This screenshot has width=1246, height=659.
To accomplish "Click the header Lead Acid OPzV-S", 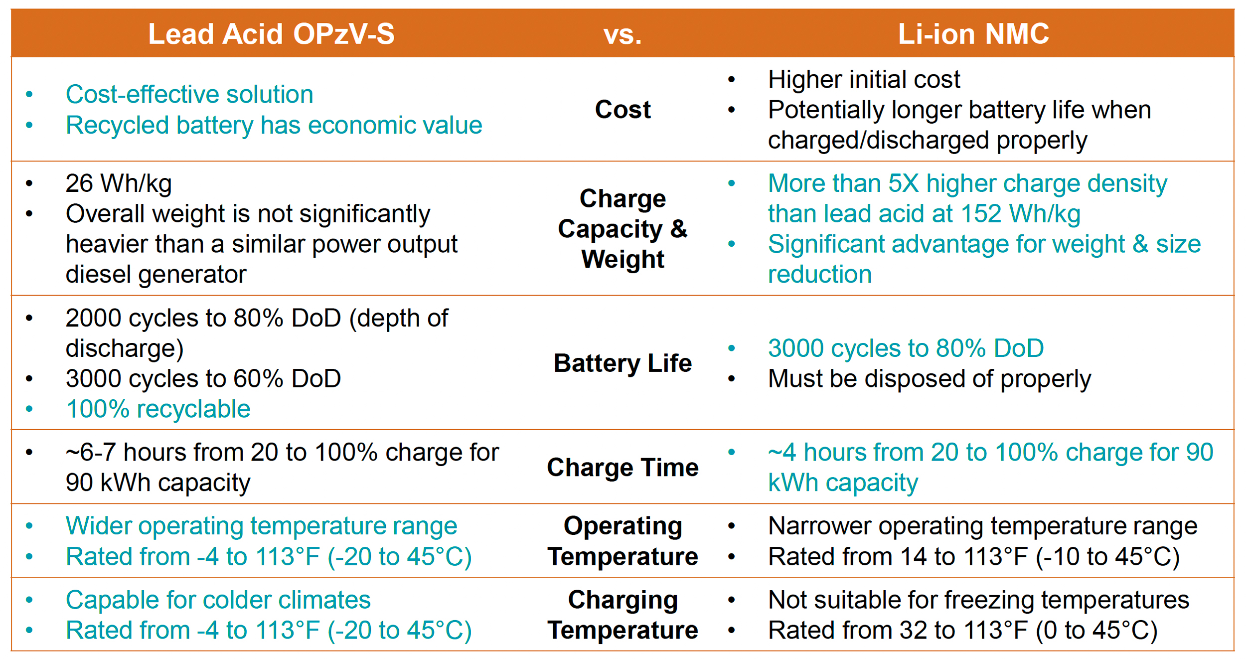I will click(271, 34).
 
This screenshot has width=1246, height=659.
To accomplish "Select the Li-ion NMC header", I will click(973, 34).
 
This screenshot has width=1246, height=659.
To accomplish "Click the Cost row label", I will click(623, 109).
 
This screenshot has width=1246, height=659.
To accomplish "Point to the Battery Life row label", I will click(623, 363).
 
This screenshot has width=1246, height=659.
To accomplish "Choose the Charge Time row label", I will click(623, 467).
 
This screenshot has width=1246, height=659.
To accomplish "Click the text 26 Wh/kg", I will click(119, 183).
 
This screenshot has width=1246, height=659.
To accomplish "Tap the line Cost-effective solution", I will click(189, 94).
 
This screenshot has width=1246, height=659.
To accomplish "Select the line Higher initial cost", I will click(864, 79).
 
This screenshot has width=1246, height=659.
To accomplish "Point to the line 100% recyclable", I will click(158, 409).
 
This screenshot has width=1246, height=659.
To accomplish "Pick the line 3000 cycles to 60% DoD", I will click(203, 378).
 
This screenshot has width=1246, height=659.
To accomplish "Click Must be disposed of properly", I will click(929, 378).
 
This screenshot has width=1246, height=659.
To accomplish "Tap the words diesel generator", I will click(156, 274).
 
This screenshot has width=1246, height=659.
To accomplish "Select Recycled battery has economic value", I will click(274, 125).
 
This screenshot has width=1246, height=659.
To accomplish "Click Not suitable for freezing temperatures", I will click(978, 600).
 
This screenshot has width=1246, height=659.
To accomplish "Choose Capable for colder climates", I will click(218, 600).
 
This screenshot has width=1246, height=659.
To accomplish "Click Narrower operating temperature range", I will click(982, 526).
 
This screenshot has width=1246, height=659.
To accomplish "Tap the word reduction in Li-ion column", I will click(819, 274).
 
